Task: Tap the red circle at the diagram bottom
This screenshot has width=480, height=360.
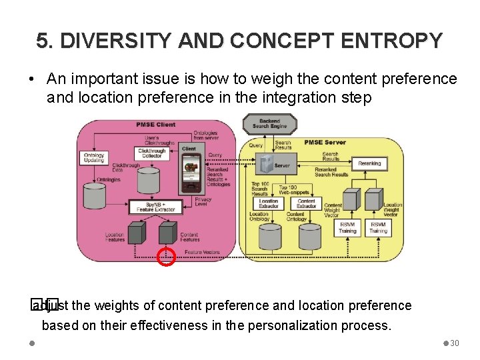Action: (x=165, y=257)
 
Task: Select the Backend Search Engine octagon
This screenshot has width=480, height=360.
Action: (x=269, y=123)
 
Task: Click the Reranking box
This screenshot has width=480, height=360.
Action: (x=369, y=163)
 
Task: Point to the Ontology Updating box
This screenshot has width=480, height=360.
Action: (x=93, y=158)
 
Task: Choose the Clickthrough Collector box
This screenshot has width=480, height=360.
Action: (x=151, y=153)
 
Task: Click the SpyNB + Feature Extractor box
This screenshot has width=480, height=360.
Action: (x=156, y=207)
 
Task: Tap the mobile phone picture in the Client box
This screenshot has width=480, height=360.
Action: (x=192, y=171)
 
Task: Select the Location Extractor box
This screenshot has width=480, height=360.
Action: (x=269, y=203)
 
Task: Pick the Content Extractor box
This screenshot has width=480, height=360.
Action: (x=306, y=203)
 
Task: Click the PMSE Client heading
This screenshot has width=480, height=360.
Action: (x=155, y=125)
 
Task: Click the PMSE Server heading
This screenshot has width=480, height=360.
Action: (x=325, y=142)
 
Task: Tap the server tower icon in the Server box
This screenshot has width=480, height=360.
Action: (x=266, y=163)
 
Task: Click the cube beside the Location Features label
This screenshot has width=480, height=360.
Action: (x=136, y=233)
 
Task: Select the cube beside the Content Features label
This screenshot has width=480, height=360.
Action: (x=167, y=233)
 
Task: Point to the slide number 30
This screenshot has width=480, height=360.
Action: (x=455, y=343)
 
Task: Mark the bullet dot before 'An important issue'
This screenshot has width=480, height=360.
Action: (x=31, y=79)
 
